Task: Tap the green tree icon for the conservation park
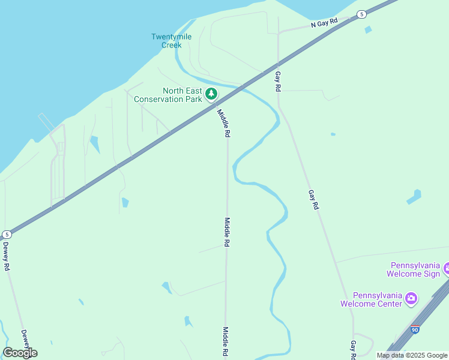(211, 94)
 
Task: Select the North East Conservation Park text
(168, 95)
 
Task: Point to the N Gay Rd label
(325, 23)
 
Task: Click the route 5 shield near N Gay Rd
(361, 14)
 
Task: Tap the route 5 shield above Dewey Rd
(7, 234)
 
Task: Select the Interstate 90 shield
(415, 329)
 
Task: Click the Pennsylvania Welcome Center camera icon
(411, 298)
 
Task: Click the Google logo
(20, 353)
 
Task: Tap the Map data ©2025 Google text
(412, 355)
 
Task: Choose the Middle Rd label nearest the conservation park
(223, 124)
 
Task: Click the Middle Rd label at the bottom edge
(226, 343)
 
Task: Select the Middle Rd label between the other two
(227, 233)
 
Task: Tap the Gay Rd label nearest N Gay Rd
(278, 81)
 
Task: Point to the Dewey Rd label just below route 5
(7, 254)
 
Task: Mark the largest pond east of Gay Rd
(414, 196)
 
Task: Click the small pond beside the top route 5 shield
(367, 29)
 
